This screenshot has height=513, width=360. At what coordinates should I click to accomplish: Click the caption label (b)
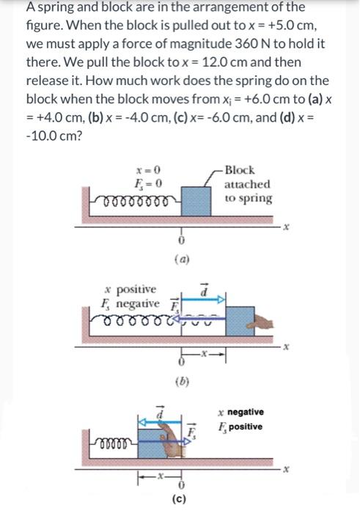click(x=180, y=380)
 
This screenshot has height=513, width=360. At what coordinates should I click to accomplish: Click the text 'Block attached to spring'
click(x=247, y=184)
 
